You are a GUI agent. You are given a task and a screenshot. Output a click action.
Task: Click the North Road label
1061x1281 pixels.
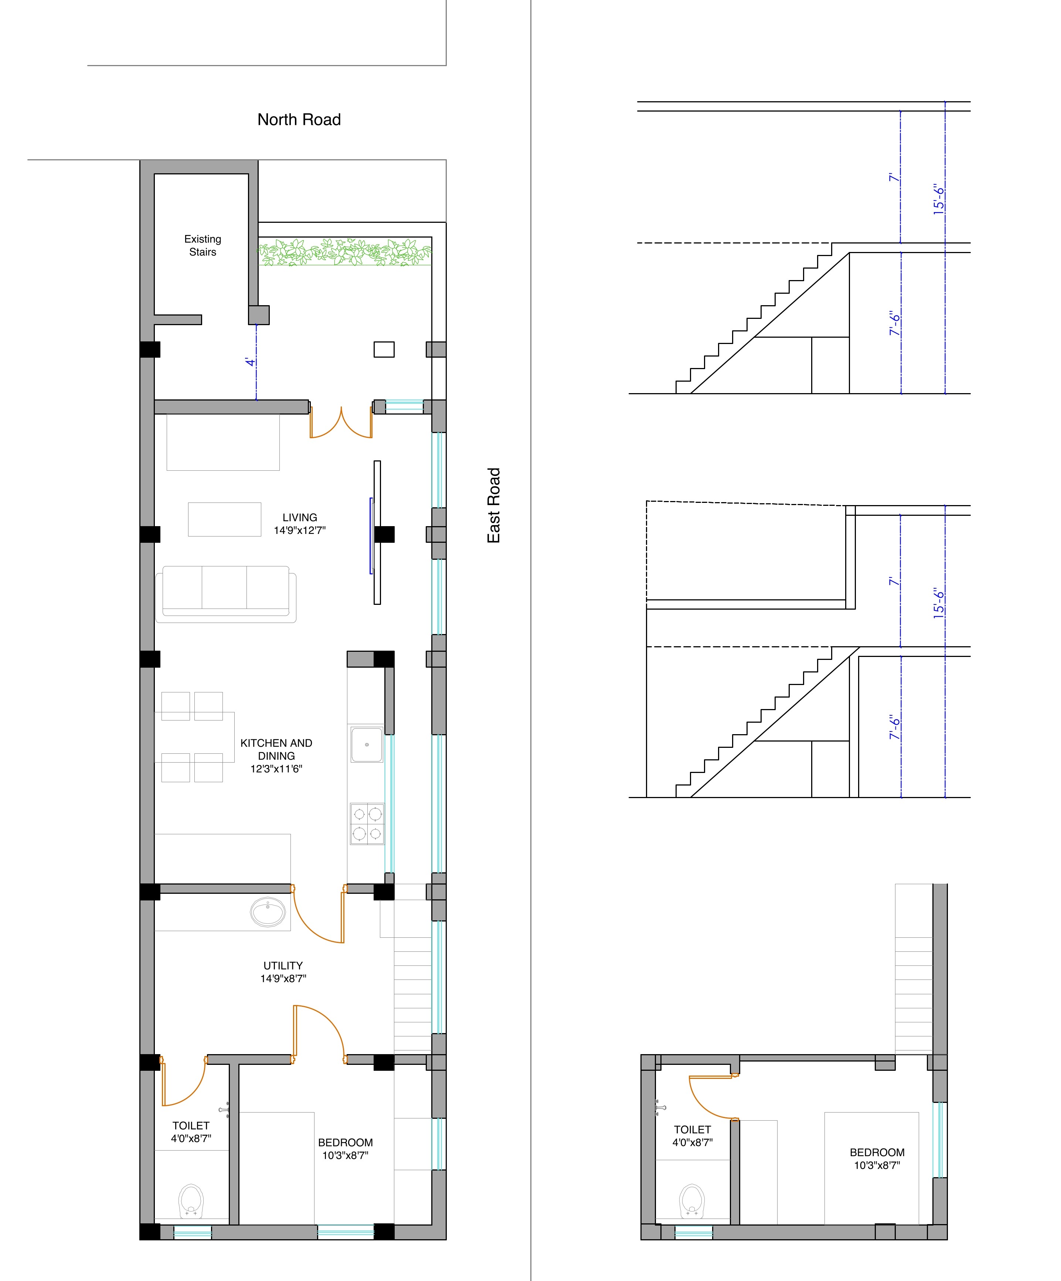point(299,120)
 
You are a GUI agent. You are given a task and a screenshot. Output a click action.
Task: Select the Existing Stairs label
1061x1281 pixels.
point(203,245)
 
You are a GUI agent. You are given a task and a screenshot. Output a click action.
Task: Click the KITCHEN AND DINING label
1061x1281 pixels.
point(276,755)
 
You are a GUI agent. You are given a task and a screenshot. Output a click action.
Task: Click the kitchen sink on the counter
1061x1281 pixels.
point(367,744)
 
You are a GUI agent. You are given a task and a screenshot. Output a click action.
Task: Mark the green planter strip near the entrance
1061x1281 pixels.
point(345,252)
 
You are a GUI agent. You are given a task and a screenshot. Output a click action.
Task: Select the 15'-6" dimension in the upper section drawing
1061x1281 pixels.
point(939,199)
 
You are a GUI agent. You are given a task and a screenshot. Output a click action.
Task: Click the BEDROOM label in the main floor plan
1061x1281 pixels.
point(345,1149)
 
